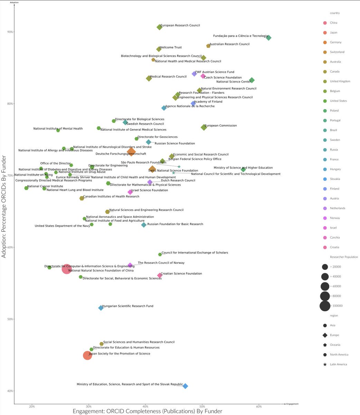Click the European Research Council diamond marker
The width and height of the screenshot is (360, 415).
[159, 27]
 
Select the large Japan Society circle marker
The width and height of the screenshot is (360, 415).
[87, 356]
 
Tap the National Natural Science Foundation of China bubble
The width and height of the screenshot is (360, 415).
[66, 269]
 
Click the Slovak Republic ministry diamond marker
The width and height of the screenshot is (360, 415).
[185, 386]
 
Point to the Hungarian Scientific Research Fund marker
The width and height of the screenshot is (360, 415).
[101, 308]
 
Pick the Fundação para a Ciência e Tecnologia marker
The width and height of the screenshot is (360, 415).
[268, 38]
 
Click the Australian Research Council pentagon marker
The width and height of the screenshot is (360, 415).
[208, 46]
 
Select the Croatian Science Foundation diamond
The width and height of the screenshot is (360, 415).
[160, 276]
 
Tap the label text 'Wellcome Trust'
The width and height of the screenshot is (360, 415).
[170, 47]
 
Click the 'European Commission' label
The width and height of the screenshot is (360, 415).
[220, 126]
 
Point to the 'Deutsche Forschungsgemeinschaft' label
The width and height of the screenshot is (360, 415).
[121, 154]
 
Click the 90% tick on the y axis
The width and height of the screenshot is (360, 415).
[10, 32]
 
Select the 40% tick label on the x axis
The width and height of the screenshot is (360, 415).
[145, 406]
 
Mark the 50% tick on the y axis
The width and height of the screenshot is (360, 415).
[10, 319]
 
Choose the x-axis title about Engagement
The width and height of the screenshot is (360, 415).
[147, 411]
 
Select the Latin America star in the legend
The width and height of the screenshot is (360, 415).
[325, 365]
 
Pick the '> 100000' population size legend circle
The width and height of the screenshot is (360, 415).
[325, 306]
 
